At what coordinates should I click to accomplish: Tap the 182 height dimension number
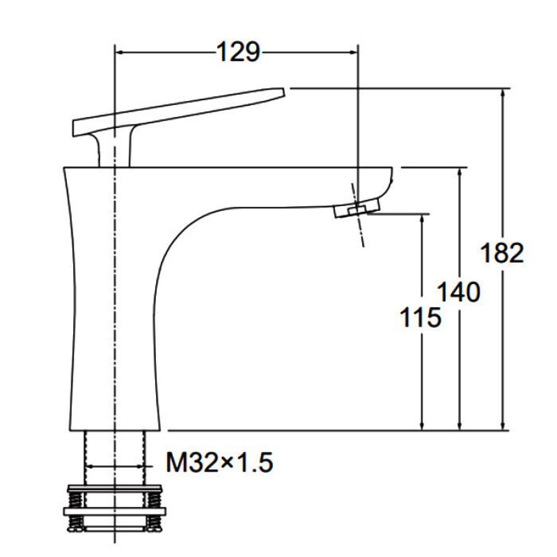501,253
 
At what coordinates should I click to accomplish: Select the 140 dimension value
458,292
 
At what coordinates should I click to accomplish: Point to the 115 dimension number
421,317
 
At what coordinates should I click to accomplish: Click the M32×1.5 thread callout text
219,462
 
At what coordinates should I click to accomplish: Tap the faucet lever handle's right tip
284,91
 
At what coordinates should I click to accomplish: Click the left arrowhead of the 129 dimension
120,53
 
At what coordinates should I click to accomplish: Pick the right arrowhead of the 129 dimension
353,53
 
